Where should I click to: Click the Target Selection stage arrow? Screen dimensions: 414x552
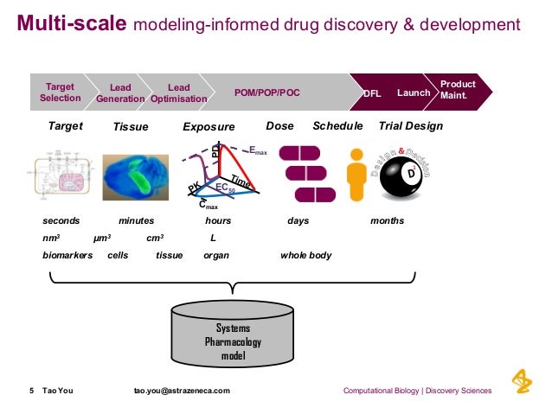(60, 92)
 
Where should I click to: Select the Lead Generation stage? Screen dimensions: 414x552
(120, 92)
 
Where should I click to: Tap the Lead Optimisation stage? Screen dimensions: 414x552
(178, 92)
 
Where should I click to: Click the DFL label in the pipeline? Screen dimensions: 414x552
(371, 92)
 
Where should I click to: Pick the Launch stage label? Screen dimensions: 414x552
(414, 92)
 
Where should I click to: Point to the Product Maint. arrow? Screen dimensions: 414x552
(458, 89)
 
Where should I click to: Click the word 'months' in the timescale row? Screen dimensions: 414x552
(387, 221)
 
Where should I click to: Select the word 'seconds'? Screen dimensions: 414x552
(61, 221)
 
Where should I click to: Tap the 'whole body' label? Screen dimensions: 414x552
(305, 256)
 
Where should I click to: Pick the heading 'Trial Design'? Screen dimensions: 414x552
(411, 126)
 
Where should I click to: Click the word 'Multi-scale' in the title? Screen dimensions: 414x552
(72, 24)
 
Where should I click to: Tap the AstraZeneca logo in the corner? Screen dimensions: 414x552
(521, 381)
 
